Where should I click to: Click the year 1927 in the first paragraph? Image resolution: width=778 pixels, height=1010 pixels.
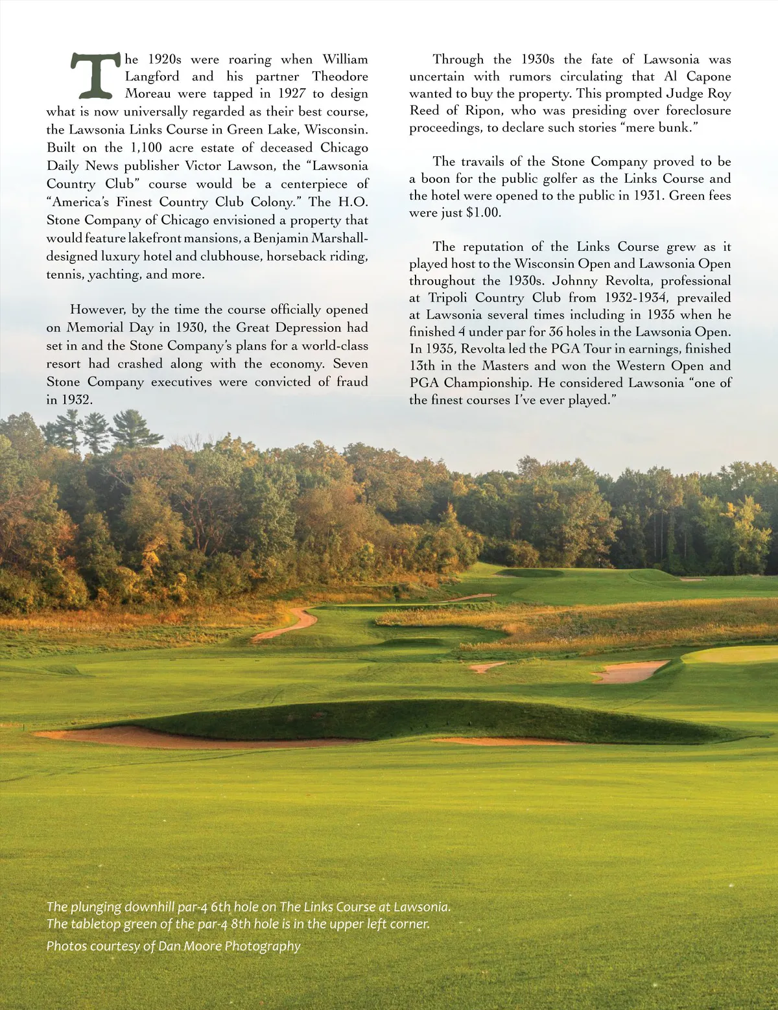coord(291,93)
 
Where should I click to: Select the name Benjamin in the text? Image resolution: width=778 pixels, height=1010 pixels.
coord(283,238)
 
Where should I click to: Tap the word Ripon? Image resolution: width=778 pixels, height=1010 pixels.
coord(483,111)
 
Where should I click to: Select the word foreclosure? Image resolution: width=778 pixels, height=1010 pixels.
coord(698,111)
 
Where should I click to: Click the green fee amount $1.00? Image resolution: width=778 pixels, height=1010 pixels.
coord(483,213)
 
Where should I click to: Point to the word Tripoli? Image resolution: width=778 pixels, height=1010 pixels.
coord(449,298)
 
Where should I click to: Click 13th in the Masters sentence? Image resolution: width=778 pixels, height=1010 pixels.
coord(423,366)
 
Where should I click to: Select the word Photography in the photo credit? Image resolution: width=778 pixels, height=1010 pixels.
coord(263,946)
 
